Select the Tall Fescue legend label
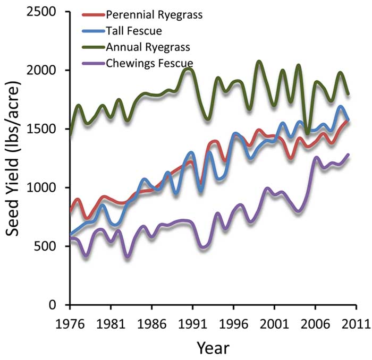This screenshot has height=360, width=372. [131, 30]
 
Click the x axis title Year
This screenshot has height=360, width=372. [213, 348]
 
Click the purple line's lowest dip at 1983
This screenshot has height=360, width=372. [127, 257]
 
